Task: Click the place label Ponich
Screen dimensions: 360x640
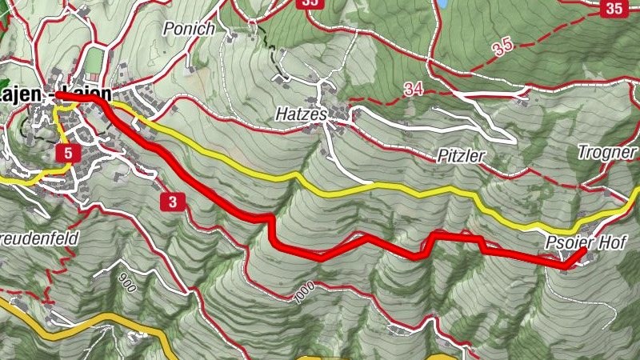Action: pyautogui.click(x=189, y=30)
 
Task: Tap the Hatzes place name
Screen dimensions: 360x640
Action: pyautogui.click(x=302, y=114)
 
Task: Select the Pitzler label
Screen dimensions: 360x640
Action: pyautogui.click(x=462, y=156)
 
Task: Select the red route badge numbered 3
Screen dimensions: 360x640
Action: pyautogui.click(x=173, y=202)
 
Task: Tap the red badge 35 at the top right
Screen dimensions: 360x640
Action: pyautogui.click(x=614, y=9)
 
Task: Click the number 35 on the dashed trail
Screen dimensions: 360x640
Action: pyautogui.click(x=502, y=47)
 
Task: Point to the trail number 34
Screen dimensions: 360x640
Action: pyautogui.click(x=414, y=90)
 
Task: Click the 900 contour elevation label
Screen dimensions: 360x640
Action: pyautogui.click(x=126, y=281)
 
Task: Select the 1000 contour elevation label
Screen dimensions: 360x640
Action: pyautogui.click(x=302, y=294)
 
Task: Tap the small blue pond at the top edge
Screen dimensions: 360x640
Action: pyautogui.click(x=442, y=3)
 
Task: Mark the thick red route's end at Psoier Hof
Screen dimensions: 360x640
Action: pyautogui.click(x=584, y=250)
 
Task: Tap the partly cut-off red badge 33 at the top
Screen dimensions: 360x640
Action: pyautogui.click(x=309, y=3)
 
